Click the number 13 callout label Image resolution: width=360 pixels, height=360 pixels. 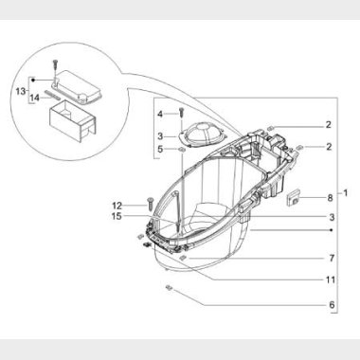pyautogui.click(x=21, y=91)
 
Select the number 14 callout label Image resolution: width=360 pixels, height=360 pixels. pyautogui.click(x=35, y=98)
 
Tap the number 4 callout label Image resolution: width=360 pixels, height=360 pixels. pyautogui.click(x=160, y=114)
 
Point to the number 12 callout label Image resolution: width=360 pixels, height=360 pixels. pyautogui.click(x=117, y=206)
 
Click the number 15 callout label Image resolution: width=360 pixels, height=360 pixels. pyautogui.click(x=117, y=216)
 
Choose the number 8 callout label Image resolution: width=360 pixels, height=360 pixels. pyautogui.click(x=330, y=198)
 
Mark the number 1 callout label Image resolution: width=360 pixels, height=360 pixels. pyautogui.click(x=345, y=192)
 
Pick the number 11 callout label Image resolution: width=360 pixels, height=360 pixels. pyautogui.click(x=331, y=279)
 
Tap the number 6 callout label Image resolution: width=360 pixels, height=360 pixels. pyautogui.click(x=332, y=305)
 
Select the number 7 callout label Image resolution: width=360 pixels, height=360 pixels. pyautogui.click(x=332, y=259)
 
